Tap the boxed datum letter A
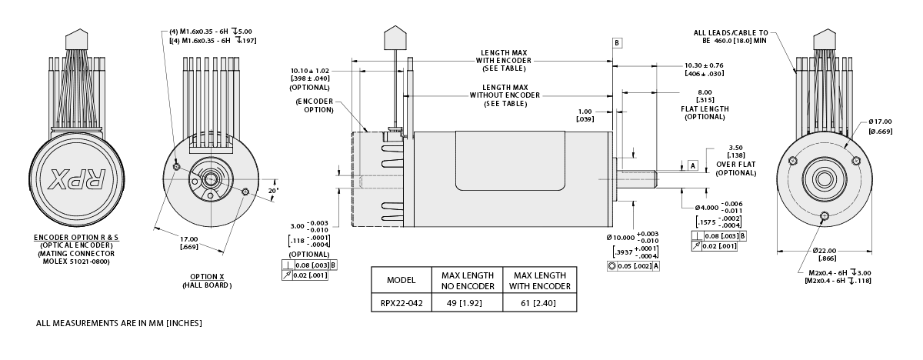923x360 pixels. pos(691,165)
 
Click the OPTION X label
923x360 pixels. pos(206,277)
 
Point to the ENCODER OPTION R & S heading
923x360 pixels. pos(78,237)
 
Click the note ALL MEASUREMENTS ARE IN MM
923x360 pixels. pos(119,323)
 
